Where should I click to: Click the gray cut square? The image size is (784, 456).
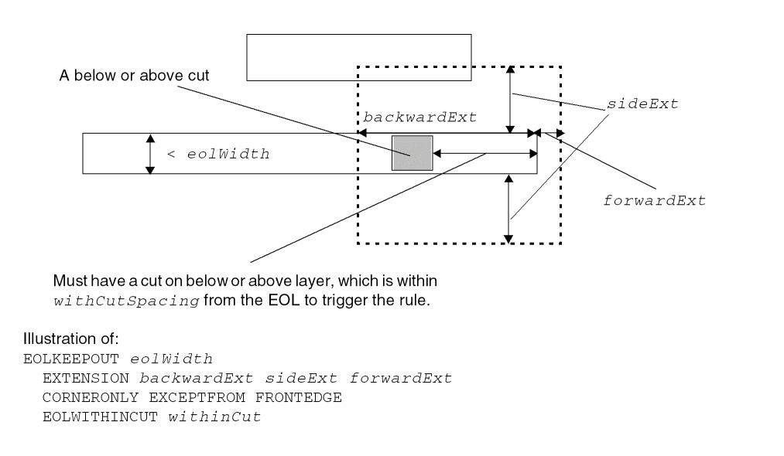pyautogui.click(x=411, y=153)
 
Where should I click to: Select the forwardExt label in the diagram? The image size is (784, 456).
pyautogui.click(x=654, y=201)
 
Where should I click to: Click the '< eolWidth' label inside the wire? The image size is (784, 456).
pyautogui.click(x=218, y=154)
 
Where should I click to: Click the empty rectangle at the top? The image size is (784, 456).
pyautogui.click(x=358, y=57)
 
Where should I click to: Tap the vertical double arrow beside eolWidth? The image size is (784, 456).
pyautogui.click(x=151, y=153)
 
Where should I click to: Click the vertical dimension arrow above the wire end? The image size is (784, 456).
pyautogui.click(x=509, y=99)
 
